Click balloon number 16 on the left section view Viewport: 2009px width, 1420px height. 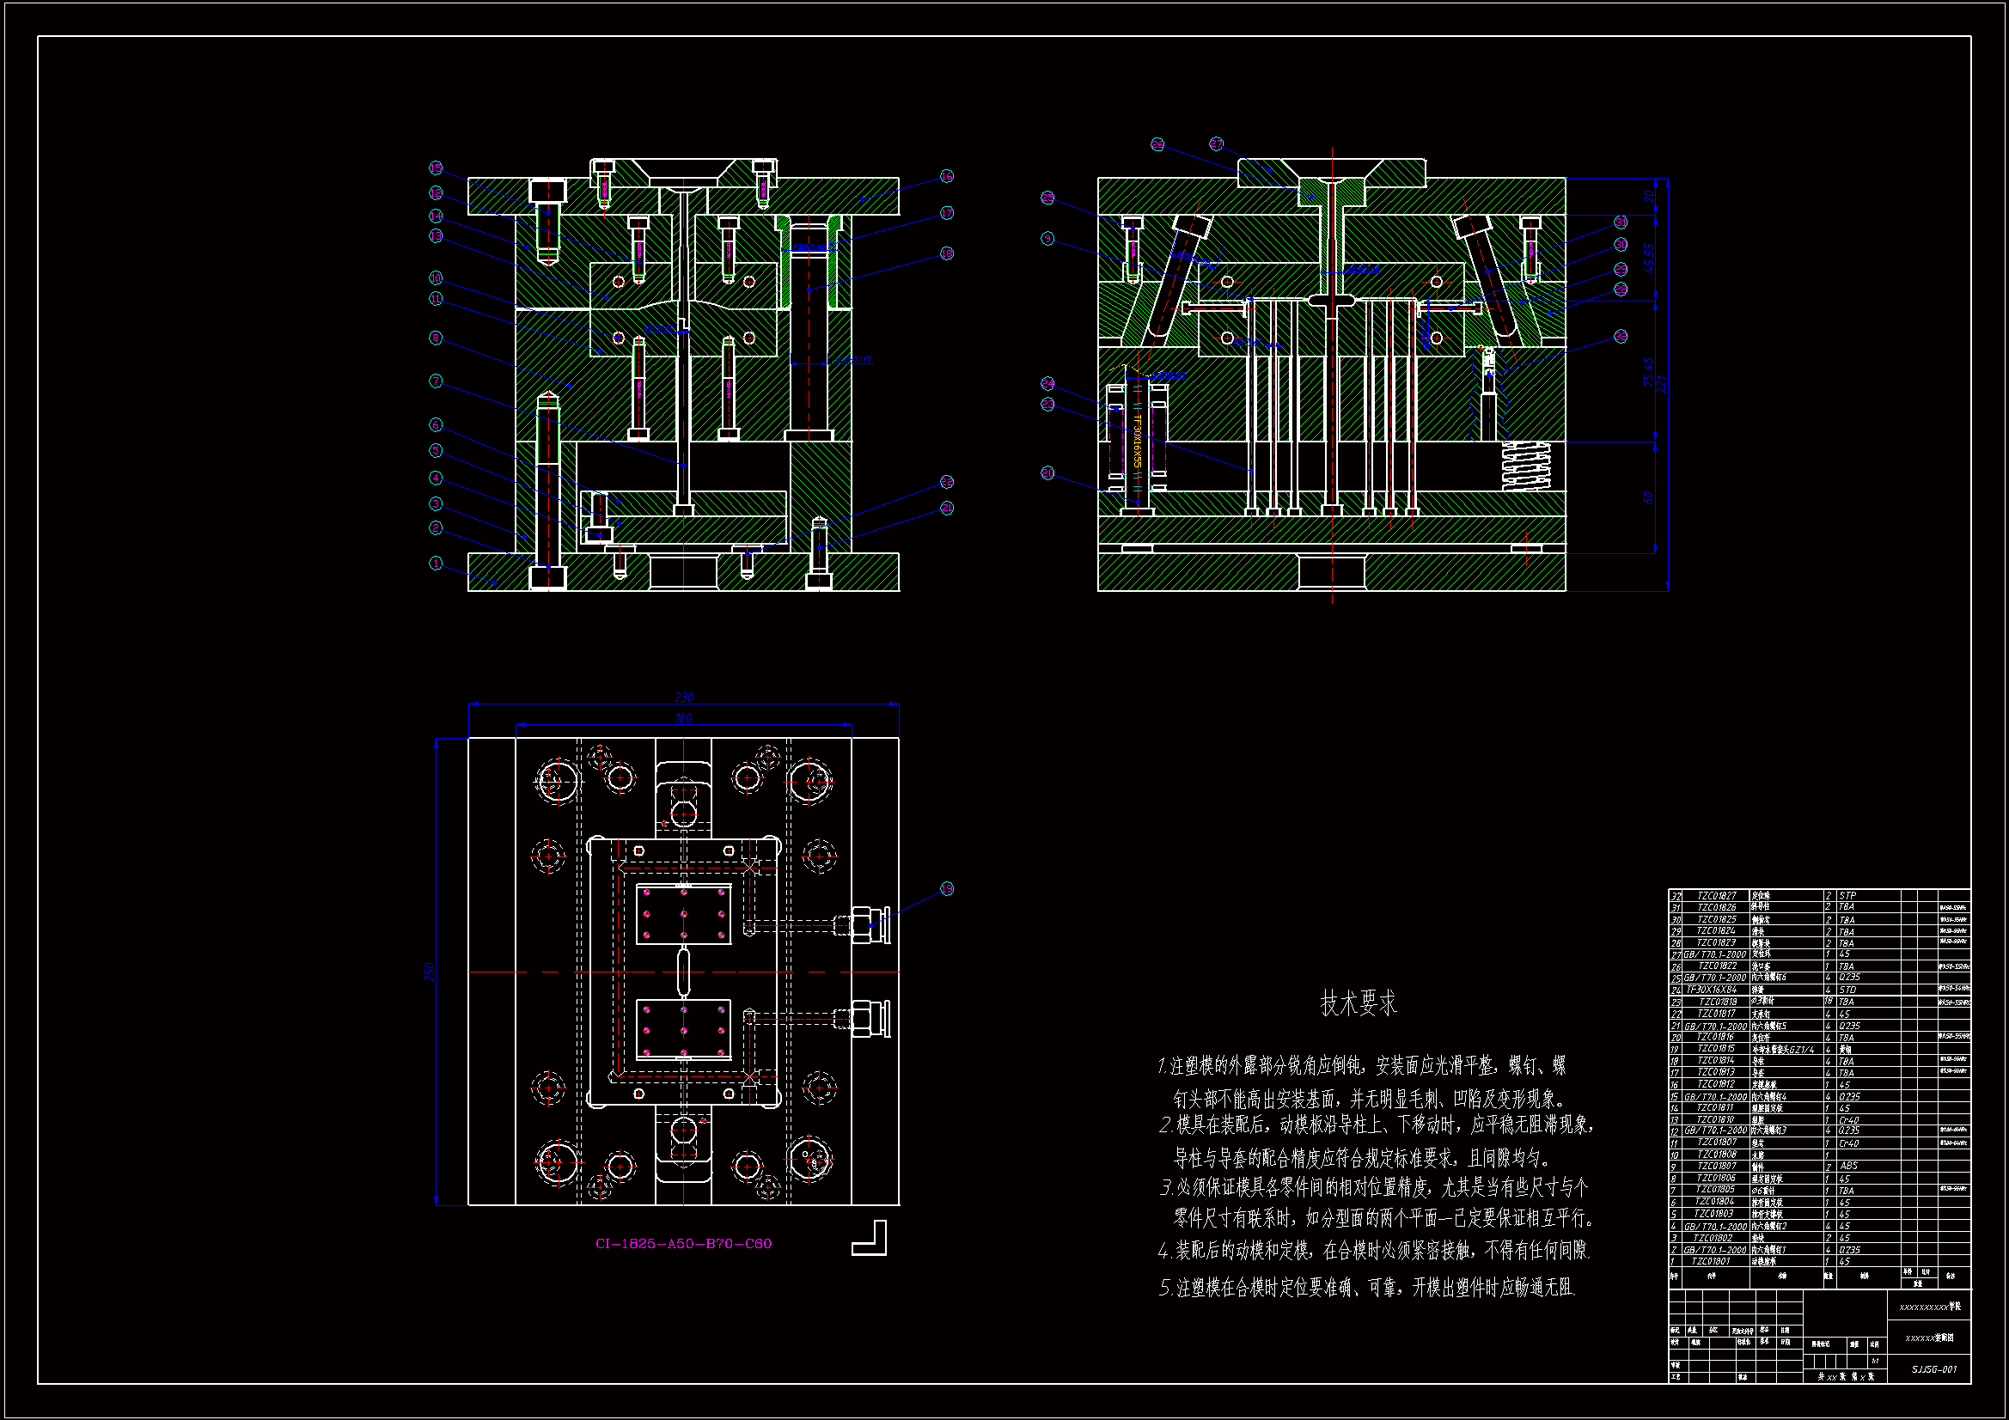946,177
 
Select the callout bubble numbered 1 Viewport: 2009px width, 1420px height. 436,564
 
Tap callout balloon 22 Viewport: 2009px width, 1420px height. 946,482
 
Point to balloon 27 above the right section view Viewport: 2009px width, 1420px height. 1216,144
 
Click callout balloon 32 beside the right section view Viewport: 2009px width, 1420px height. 1620,337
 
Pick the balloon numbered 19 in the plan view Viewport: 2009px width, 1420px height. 946,889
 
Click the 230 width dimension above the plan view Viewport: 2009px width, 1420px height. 683,698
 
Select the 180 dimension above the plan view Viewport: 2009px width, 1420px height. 683,718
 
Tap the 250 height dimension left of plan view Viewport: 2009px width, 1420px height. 430,972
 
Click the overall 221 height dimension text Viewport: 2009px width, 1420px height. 1662,383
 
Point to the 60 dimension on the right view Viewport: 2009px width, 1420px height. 1648,497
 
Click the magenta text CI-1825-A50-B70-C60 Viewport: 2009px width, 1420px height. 683,1243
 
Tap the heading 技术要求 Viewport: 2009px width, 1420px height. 1358,1003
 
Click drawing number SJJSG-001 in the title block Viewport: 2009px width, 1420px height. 1933,1369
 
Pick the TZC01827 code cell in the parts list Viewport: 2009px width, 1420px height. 1716,896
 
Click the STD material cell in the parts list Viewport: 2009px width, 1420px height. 1847,990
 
